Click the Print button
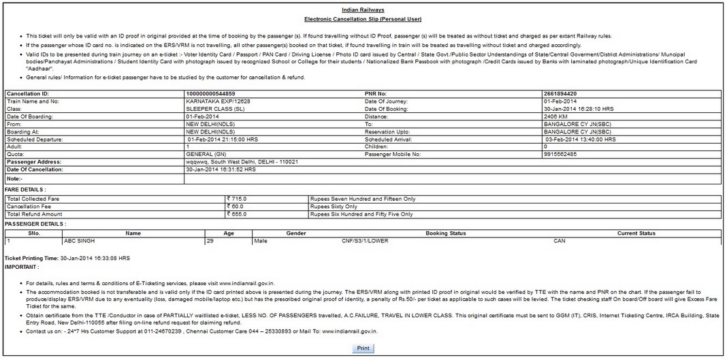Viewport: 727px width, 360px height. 363,348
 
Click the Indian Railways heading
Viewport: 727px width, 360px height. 363,10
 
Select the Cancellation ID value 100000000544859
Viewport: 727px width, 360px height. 210,93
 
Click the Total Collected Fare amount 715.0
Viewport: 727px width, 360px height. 238,199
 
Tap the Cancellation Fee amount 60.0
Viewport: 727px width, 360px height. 236,206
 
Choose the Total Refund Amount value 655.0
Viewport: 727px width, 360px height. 238,214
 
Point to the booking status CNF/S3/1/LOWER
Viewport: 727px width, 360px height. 365,241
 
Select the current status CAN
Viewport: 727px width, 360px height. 559,241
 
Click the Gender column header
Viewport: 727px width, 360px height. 296,233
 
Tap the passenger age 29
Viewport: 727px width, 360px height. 210,241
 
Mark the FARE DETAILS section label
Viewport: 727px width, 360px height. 25,189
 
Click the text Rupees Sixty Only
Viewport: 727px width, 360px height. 334,206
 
